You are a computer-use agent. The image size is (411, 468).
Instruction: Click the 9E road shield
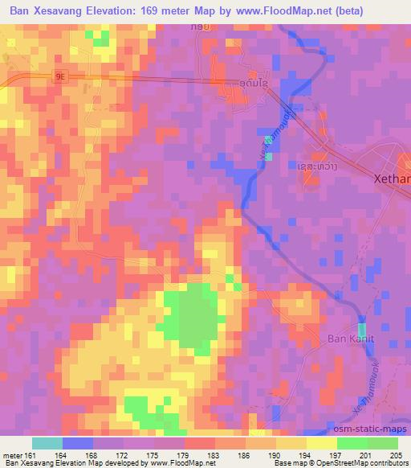pyautogui.click(x=61, y=76)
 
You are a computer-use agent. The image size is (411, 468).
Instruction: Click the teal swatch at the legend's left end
pyautogui.click(x=47, y=443)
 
